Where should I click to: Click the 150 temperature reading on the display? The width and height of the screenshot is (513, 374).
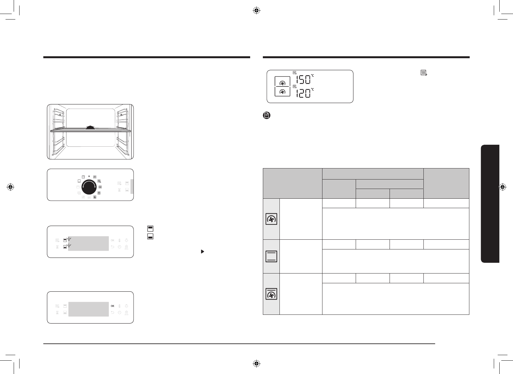click(303, 80)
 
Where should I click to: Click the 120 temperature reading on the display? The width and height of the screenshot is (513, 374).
click(303, 93)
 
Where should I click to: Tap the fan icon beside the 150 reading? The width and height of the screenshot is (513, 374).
click(282, 83)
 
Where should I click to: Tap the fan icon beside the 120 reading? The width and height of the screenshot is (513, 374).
click(282, 92)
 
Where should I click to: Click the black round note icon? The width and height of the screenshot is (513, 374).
click(266, 115)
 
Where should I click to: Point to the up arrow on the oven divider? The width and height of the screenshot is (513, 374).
click(91, 127)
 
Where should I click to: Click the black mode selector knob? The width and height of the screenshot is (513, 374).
click(89, 187)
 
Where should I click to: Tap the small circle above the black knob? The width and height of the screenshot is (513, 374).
click(89, 176)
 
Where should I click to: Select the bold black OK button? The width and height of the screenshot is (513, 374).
click(112, 306)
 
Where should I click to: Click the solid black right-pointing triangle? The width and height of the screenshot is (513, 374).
click(203, 251)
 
